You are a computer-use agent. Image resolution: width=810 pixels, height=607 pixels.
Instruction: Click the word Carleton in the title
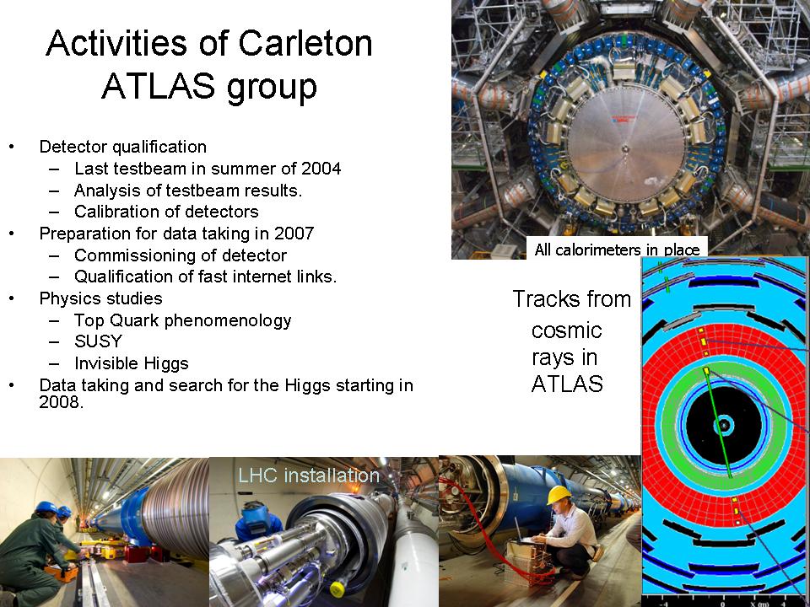305,43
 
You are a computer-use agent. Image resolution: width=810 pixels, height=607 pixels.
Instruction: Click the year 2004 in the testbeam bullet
321,169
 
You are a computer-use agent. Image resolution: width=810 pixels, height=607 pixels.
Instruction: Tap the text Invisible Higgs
132,363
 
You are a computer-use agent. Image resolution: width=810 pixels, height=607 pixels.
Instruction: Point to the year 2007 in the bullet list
294,234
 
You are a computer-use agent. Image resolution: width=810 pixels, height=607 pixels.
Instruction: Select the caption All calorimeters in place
617,250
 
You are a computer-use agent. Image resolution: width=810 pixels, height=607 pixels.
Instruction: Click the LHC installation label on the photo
309,475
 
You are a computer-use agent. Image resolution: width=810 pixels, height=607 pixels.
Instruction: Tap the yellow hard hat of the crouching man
559,495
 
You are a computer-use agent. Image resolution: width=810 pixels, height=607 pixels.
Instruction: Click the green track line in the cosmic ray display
719,423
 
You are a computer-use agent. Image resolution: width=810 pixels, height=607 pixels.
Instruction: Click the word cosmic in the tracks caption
567,330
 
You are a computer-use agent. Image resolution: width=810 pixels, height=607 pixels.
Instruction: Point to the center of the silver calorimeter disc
625,149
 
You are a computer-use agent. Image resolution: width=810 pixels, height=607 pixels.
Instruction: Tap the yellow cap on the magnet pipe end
337,588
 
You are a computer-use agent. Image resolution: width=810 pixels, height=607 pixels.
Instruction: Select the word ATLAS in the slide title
158,86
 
